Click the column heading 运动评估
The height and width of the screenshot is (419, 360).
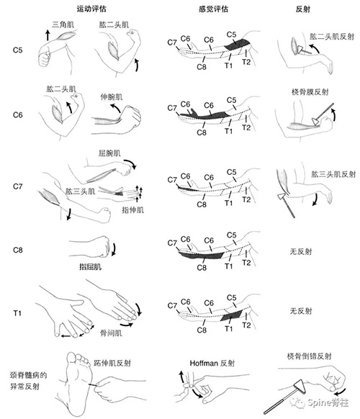pyautogui.click(x=91, y=9)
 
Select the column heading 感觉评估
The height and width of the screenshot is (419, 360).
pyautogui.click(x=213, y=9)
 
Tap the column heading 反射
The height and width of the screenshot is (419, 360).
pyautogui.click(x=303, y=9)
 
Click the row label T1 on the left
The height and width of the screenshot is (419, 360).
pyautogui.click(x=17, y=313)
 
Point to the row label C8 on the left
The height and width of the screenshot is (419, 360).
pyautogui.click(x=18, y=250)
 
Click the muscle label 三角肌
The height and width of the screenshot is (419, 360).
pyautogui.click(x=63, y=24)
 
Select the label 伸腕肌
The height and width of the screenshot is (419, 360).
pyautogui.click(x=112, y=96)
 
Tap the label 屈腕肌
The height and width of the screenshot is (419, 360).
pyautogui.click(x=109, y=153)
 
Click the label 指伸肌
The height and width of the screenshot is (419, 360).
pyautogui.click(x=132, y=210)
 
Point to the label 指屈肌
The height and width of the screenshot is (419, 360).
pyautogui.click(x=90, y=266)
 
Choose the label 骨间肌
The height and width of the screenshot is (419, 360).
pyautogui.click(x=111, y=333)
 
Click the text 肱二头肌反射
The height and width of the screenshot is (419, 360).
pyautogui.click(x=332, y=37)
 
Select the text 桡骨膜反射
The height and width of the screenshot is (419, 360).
pyautogui.click(x=310, y=92)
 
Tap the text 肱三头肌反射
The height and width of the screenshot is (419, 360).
pyautogui.click(x=333, y=174)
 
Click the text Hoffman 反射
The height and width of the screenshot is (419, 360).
pyautogui.click(x=212, y=363)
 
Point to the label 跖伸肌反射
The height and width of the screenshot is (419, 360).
pyautogui.click(x=112, y=363)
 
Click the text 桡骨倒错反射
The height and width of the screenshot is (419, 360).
pyautogui.click(x=309, y=356)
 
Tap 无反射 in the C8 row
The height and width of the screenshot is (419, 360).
pyautogui.click(x=301, y=251)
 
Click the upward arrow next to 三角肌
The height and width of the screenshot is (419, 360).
pyautogui.click(x=48, y=35)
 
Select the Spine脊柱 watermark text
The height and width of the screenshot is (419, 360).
pyautogui.click(x=328, y=402)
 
